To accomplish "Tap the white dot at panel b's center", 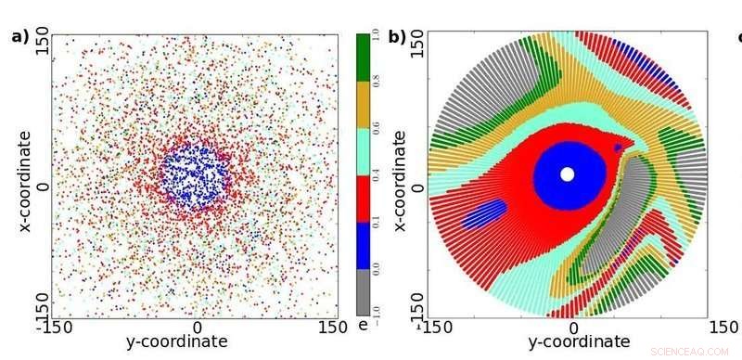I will (x=568, y=174).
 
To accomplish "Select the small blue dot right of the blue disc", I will (x=618, y=148).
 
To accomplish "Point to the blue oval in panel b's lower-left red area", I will (x=484, y=214).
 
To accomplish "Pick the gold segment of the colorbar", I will (x=364, y=105).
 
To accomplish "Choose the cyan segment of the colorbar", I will (x=364, y=152).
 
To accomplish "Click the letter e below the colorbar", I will (x=364, y=326).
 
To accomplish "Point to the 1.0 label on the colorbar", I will (x=377, y=38).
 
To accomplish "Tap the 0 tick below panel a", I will (x=197, y=327).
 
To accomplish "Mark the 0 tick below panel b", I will (x=572, y=327).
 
